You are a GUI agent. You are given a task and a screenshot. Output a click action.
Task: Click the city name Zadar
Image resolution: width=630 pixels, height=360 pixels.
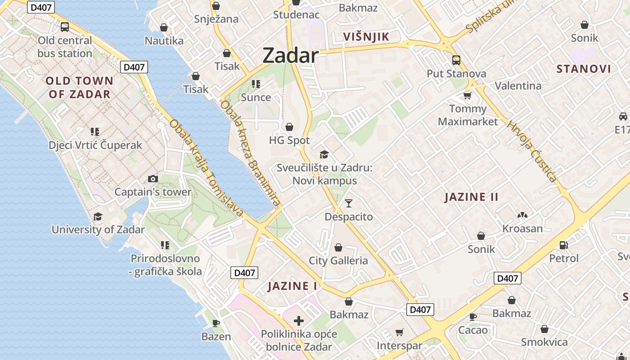[290, 56]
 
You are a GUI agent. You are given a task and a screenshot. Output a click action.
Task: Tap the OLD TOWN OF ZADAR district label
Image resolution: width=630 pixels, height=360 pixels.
[80, 87]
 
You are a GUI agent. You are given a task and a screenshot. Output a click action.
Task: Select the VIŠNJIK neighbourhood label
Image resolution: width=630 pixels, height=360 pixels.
[365, 37]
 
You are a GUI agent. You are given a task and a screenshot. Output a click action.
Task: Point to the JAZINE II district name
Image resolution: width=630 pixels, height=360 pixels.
[471, 197]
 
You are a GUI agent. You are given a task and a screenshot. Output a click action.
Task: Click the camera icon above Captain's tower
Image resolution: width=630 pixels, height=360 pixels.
[153, 179]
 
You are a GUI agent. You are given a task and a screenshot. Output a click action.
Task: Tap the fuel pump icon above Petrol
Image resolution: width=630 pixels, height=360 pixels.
[563, 245]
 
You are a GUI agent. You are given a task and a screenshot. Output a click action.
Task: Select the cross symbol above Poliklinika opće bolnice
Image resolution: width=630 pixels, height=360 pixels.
[298, 321]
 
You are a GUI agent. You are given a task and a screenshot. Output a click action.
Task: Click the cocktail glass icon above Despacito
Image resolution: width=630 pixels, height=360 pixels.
[349, 203]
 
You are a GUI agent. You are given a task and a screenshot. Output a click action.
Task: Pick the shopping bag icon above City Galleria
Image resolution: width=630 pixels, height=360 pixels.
[338, 247]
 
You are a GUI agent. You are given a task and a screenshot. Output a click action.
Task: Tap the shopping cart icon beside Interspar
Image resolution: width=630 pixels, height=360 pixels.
[399, 333]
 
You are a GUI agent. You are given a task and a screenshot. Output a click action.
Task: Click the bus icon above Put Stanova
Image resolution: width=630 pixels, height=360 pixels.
[456, 60]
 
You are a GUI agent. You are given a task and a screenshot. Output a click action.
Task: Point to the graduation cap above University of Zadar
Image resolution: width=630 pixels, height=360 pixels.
[98, 217]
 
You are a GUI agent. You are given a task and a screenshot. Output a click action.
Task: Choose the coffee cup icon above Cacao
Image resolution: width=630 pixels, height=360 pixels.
[473, 317]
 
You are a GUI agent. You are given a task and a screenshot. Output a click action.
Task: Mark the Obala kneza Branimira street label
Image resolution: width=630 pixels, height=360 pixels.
[250, 153]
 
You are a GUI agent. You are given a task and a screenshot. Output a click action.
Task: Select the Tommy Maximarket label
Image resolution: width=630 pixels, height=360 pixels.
[468, 115]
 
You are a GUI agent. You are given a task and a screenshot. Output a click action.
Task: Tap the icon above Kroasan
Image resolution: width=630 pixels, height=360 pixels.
[522, 216]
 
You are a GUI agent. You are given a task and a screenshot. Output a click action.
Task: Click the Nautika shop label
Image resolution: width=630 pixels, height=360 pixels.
[164, 41]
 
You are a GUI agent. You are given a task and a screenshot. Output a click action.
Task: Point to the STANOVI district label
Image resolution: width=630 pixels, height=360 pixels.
[584, 69]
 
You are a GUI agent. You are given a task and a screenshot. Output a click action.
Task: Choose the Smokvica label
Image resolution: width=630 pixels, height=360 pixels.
[544, 342]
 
